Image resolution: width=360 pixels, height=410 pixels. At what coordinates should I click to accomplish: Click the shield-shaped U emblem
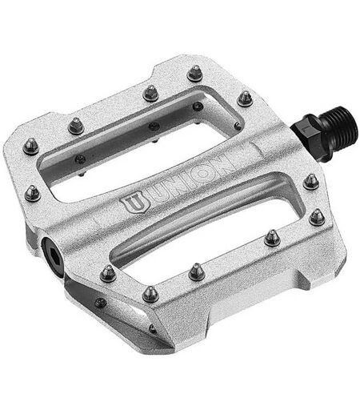point(135,204)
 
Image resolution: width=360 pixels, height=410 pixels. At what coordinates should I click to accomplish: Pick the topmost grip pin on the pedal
point(196,72)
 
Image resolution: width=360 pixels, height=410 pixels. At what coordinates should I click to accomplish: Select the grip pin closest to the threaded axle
point(245,98)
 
